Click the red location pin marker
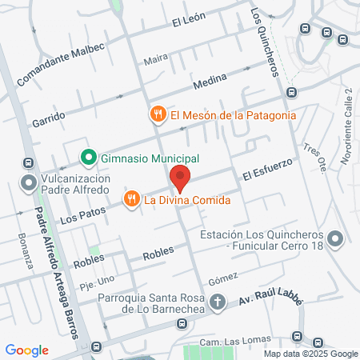[x=180, y=177]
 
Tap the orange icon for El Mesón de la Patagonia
[x=158, y=114]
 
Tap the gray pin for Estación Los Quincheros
[x=335, y=238]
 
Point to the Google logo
[x=26, y=350]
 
